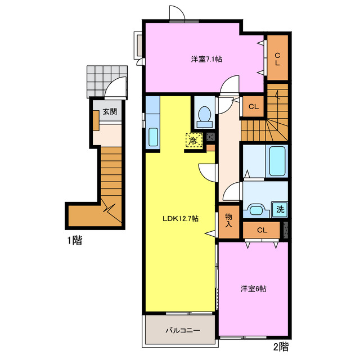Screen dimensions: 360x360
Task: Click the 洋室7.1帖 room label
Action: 206,59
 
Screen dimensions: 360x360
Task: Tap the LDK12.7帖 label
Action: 181,218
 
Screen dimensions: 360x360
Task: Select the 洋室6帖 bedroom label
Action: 254,289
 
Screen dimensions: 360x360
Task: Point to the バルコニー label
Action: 183,330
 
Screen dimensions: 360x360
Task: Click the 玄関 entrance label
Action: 110,111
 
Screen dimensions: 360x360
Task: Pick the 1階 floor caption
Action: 75,240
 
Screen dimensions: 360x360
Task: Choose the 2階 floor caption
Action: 281,347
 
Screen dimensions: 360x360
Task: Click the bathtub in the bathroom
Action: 277,161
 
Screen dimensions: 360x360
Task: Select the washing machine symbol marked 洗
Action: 280,209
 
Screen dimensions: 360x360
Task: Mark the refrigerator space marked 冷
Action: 194,140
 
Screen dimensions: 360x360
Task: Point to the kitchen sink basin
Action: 153,137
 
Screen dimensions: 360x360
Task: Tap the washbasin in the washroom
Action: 256,210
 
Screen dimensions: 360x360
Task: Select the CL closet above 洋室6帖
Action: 262,230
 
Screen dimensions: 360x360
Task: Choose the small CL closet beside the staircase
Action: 254,106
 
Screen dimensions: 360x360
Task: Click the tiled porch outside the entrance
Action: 107,82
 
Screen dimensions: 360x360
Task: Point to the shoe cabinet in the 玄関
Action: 96,121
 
